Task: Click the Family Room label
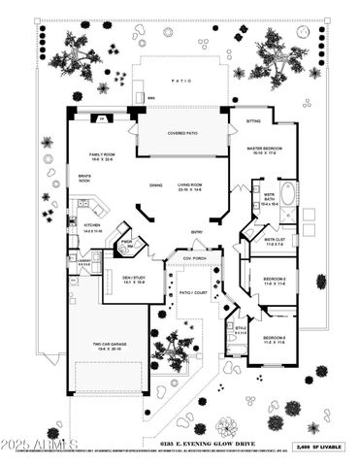pyautogui.click(x=103, y=156)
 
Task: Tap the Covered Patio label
pyautogui.click(x=182, y=134)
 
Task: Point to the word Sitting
pyautogui.click(x=253, y=122)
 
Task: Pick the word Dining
pyautogui.click(x=155, y=185)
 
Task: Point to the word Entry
pyautogui.click(x=197, y=232)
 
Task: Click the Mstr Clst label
pyautogui.click(x=273, y=242)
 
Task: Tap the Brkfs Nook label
pyautogui.click(x=84, y=179)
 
